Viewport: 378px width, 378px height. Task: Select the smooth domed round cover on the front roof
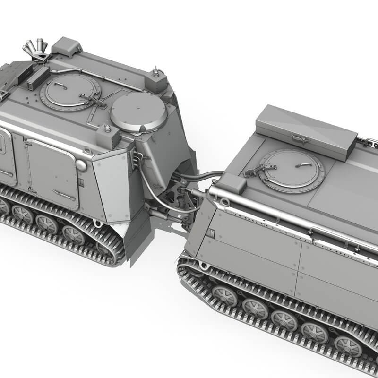[138, 112]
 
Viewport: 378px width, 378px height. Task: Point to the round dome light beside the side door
[81, 165]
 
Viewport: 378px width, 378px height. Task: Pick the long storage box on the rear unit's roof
[306, 132]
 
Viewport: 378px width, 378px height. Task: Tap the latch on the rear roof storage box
[299, 138]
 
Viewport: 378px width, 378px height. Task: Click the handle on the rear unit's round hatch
[306, 165]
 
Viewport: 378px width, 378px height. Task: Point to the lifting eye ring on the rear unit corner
[225, 203]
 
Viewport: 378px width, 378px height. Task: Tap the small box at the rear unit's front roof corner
[231, 182]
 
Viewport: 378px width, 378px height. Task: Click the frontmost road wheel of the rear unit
[224, 296]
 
